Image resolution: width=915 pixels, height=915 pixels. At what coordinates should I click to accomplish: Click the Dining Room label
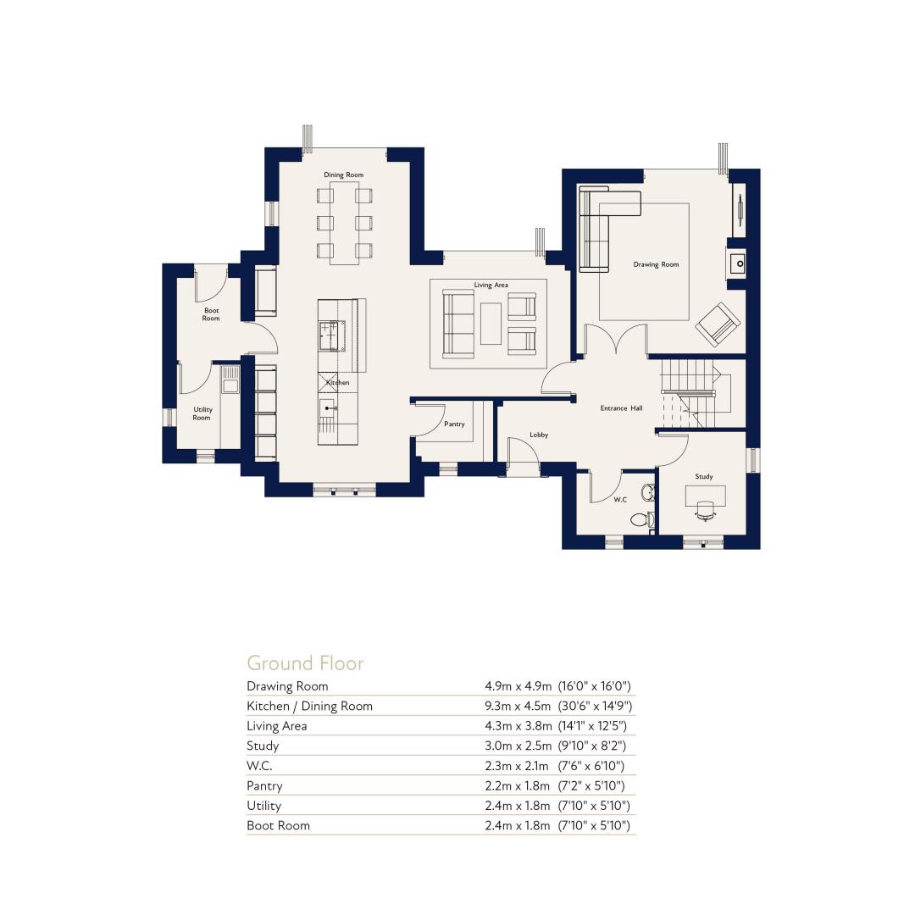tap(343, 175)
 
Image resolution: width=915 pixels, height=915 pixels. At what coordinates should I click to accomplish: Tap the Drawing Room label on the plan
tap(656, 264)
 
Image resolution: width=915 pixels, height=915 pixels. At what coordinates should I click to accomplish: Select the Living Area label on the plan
tap(491, 285)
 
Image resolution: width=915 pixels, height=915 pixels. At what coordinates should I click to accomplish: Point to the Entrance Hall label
tap(621, 408)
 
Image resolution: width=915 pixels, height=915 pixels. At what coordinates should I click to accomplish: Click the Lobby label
tap(539, 435)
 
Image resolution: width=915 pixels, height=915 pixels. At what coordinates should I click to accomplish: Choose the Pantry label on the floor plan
tap(454, 424)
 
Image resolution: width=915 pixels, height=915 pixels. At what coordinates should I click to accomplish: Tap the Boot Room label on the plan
tap(211, 314)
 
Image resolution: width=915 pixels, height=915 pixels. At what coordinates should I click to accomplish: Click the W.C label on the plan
tap(619, 500)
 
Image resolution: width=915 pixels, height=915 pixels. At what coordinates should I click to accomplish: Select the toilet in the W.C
tap(640, 518)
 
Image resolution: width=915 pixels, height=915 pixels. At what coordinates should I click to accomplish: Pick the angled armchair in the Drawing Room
tap(718, 324)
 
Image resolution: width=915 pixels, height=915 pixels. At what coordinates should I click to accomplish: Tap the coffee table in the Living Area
tap(491, 324)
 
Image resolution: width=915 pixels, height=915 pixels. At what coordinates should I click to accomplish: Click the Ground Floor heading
tap(305, 663)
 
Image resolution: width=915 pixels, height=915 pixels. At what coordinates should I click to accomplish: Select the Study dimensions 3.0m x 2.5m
tap(518, 746)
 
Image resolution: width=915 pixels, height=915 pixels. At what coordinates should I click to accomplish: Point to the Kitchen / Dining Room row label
tap(309, 706)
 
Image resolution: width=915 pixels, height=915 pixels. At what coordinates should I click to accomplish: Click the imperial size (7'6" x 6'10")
tap(591, 766)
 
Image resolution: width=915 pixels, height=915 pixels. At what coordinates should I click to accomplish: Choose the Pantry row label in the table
tap(264, 786)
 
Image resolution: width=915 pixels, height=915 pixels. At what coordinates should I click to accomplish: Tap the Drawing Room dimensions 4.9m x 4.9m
tap(518, 686)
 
